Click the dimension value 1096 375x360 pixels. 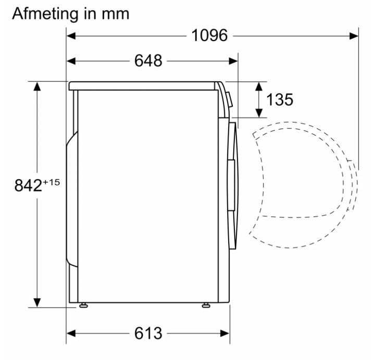209,35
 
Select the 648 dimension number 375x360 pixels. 148,61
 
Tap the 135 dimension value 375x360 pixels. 280,99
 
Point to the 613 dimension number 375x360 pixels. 148,333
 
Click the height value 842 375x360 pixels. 28,185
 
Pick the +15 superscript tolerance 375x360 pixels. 51,183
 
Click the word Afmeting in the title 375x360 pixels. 45,14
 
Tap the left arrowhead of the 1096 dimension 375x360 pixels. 71,36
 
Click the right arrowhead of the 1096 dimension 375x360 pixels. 354,36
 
